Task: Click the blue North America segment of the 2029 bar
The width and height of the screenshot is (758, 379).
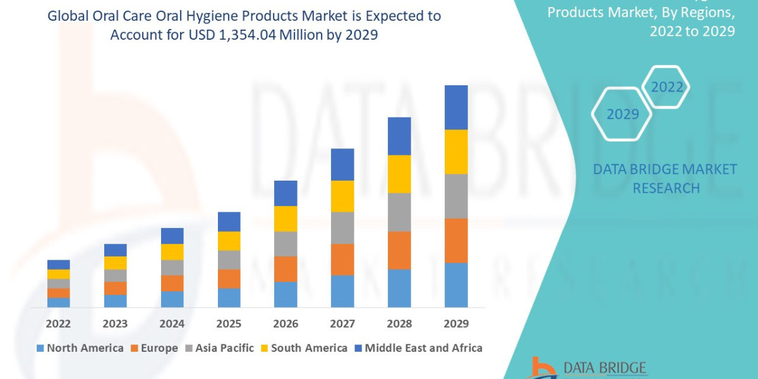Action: click(456, 285)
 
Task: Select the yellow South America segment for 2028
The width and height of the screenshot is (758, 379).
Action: click(399, 174)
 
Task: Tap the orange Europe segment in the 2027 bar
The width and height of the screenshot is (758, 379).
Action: click(342, 259)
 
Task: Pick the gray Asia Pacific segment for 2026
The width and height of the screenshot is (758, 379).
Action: click(286, 243)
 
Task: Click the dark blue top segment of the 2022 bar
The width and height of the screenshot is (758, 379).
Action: click(59, 264)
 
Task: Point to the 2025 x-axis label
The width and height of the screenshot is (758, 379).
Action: click(229, 324)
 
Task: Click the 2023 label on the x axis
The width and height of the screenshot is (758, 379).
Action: click(115, 324)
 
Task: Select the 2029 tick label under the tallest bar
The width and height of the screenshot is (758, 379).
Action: click(456, 324)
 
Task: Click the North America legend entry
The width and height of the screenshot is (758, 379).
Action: click(80, 348)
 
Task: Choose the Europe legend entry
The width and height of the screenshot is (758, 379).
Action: click(155, 348)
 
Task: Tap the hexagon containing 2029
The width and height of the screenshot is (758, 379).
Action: click(622, 114)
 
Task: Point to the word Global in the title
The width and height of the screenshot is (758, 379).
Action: click(69, 16)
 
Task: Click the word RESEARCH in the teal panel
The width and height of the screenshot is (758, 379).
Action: click(666, 188)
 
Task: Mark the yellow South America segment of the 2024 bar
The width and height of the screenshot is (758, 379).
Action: click(172, 251)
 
